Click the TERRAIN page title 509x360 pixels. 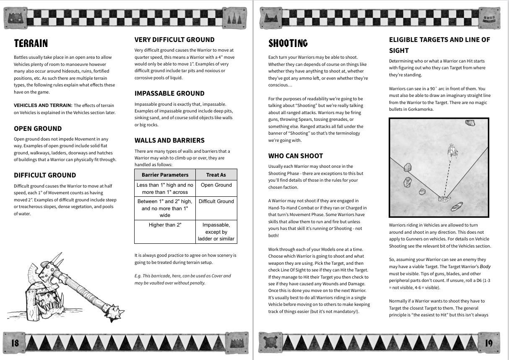click(x=31, y=44)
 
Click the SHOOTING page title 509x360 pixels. click(x=288, y=44)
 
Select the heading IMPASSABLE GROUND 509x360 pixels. click(x=169, y=94)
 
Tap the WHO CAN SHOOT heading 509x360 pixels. click(x=296, y=156)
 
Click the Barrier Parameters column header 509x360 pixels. click(x=165, y=175)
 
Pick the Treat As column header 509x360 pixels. click(x=216, y=175)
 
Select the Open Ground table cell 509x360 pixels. click(x=216, y=185)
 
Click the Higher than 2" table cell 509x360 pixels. click(x=165, y=225)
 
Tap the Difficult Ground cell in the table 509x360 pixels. click(x=216, y=201)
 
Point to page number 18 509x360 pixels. click(x=15, y=343)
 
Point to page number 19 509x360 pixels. click(x=489, y=343)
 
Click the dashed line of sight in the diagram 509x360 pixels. click(x=448, y=176)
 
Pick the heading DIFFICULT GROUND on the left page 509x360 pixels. click(x=45, y=175)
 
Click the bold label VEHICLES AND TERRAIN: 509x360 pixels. click(x=43, y=105)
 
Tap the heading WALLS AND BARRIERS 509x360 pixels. click(x=169, y=141)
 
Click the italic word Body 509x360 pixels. click(x=485, y=267)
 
